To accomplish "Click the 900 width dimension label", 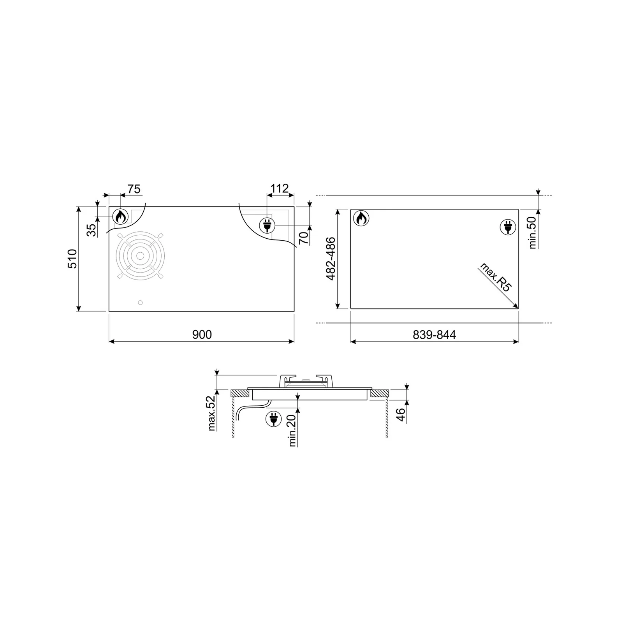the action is click(x=202, y=334).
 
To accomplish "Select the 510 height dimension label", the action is click(x=73, y=259).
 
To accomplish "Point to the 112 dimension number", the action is click(x=280, y=188).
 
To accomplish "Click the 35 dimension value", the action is click(x=91, y=230).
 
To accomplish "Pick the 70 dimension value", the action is click(x=304, y=237).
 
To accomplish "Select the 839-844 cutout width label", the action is click(x=434, y=334).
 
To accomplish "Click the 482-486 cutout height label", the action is click(x=331, y=259).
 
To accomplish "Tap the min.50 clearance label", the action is click(x=533, y=232).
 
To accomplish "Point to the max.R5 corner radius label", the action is click(x=495, y=277).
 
